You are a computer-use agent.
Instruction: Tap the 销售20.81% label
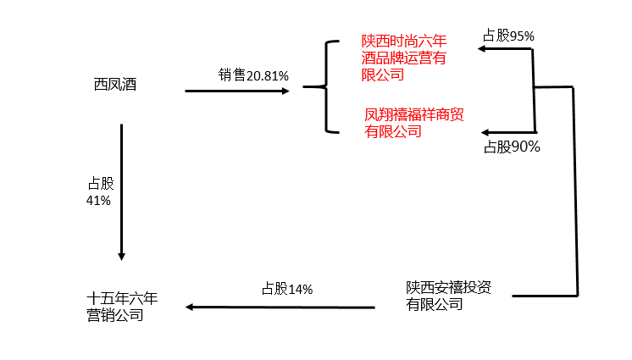coord(253,75)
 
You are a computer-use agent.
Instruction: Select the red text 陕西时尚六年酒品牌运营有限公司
coord(404,57)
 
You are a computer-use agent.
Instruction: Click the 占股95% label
coord(508,36)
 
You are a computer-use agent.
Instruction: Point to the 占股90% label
coord(512,147)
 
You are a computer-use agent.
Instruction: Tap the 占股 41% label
coord(99,191)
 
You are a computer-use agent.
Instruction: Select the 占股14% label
coord(287,289)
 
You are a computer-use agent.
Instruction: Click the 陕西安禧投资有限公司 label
coord(447,296)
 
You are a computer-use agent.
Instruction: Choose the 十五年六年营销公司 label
coord(122,307)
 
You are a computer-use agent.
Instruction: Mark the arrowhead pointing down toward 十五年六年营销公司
coord(122,255)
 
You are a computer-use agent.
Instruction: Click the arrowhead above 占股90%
coord(485,133)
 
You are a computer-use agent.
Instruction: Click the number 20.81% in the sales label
coord(268,75)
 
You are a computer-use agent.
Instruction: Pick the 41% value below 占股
coord(98,201)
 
